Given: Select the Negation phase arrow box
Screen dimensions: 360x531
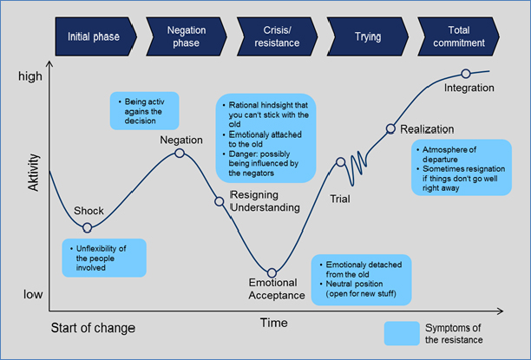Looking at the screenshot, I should point(186,37).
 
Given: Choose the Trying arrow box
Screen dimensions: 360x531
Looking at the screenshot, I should point(367,37).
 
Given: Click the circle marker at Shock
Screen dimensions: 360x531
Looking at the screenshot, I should point(87,227).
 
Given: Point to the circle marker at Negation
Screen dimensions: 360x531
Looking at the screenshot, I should point(180,153).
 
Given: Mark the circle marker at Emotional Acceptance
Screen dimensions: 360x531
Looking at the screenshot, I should point(272,273).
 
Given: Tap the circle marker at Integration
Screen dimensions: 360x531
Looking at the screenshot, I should point(466,74).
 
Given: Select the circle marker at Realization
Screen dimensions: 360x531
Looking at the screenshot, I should point(390,128).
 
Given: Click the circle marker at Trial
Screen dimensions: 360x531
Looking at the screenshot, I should point(340,161).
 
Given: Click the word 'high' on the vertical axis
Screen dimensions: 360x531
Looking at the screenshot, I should point(30,76).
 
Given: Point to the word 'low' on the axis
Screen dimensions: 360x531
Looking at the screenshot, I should point(33,295).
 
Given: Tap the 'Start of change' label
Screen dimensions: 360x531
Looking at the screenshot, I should point(93,328).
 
